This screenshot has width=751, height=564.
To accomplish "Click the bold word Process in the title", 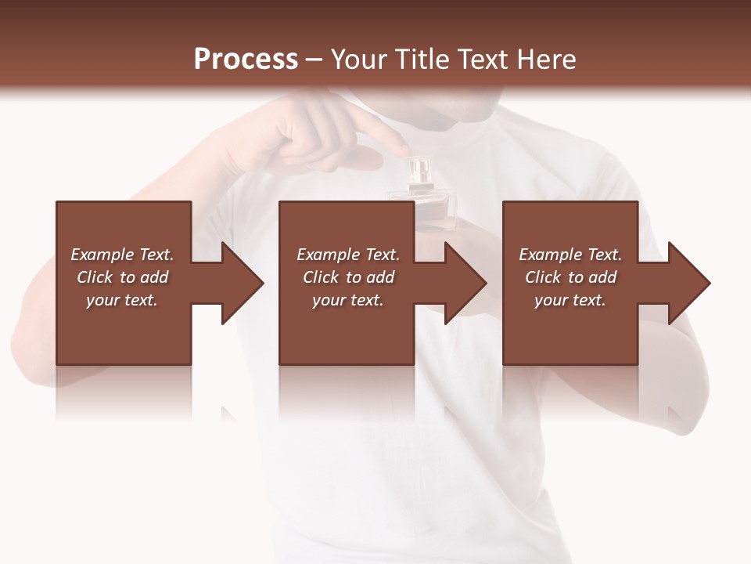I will (246, 60).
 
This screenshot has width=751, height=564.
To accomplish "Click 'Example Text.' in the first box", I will (122, 255).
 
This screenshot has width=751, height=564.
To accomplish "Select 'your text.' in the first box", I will (122, 300).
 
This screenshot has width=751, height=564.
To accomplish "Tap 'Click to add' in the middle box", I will (348, 277).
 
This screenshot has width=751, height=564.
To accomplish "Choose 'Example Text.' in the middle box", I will (348, 255).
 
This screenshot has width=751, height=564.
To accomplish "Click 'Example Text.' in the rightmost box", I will (570, 255).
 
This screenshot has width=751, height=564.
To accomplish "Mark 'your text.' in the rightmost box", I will (570, 300).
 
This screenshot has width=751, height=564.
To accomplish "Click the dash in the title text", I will (314, 60).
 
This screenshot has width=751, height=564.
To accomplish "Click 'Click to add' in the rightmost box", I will (570, 277).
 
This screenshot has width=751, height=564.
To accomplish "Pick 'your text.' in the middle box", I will (348, 300).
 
